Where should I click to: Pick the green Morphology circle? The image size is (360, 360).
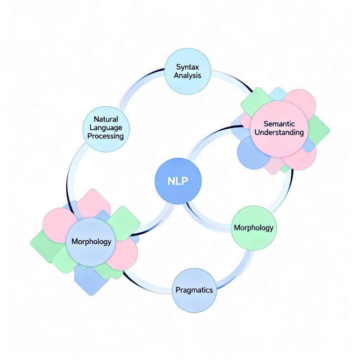click(253, 228)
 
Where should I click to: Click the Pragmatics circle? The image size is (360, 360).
click(194, 290)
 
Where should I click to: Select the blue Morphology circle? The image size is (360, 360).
click(91, 242)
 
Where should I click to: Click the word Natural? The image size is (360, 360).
click(106, 120)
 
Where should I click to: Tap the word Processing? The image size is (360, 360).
click(106, 136)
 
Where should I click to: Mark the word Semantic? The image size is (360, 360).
click(279, 124)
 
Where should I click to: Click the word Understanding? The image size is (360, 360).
click(279, 133)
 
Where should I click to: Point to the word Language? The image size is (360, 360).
click(106, 128)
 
